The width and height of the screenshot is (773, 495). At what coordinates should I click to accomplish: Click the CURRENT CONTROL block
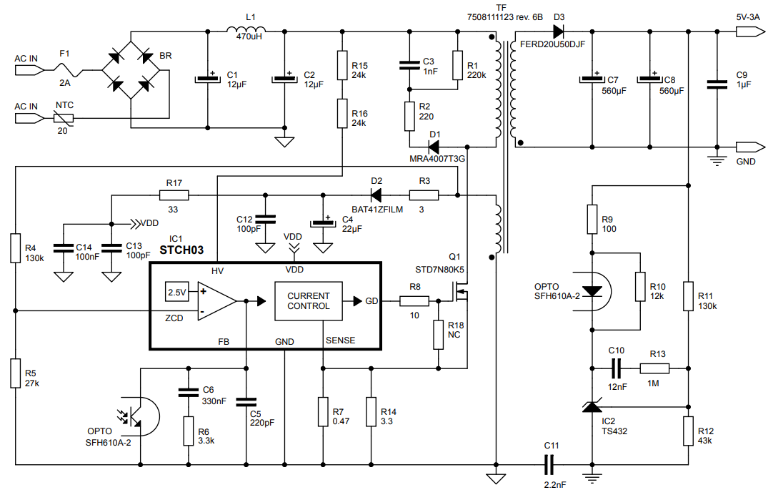pyautogui.click(x=309, y=301)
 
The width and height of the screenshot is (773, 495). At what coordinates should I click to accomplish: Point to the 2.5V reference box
pyautogui.click(x=176, y=292)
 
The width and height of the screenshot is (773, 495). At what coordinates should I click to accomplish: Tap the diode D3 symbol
pyautogui.click(x=559, y=31)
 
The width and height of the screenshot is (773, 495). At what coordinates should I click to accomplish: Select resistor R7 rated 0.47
pyautogui.click(x=322, y=412)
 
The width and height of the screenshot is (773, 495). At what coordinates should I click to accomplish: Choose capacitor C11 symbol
pyautogui.click(x=549, y=466)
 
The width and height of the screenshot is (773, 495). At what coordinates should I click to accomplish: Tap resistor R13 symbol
pyautogui.click(x=654, y=368)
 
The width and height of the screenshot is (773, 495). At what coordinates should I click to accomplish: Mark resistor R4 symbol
pyautogui.click(x=15, y=247)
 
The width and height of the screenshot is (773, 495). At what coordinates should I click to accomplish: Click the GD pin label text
pyautogui.click(x=371, y=301)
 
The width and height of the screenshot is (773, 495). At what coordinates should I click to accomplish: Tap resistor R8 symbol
pyautogui.click(x=414, y=301)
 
